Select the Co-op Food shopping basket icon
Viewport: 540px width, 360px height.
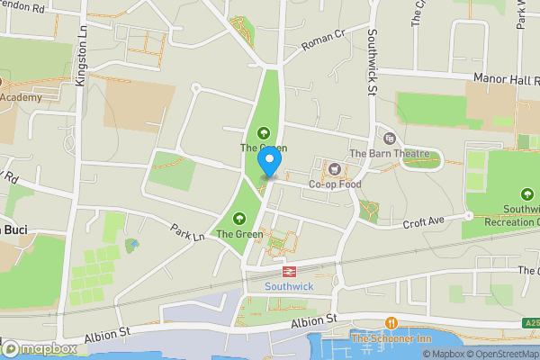click(x=335, y=168)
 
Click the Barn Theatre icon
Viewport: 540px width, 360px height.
click(x=390, y=138)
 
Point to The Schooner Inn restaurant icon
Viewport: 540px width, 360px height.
click(x=391, y=322)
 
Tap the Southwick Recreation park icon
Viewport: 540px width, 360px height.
click(x=526, y=193)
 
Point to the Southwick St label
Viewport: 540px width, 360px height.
click(x=373, y=63)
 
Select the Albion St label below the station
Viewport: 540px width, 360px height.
click(x=312, y=319)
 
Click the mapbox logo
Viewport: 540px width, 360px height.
click(x=39, y=348)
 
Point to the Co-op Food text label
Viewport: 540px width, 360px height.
click(x=335, y=184)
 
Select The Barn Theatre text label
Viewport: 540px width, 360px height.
click(x=390, y=154)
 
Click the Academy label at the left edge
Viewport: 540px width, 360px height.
click(x=21, y=96)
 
